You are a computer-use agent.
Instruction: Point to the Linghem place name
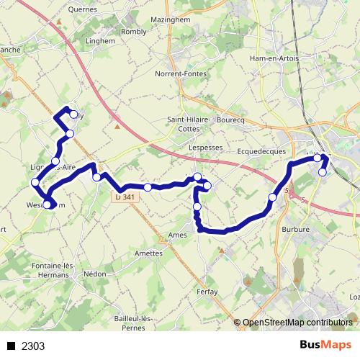click(101, 41)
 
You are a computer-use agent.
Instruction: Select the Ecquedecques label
click(261, 151)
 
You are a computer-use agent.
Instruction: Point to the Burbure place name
click(297, 230)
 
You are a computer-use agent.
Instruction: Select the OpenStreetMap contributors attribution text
click(297, 323)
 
